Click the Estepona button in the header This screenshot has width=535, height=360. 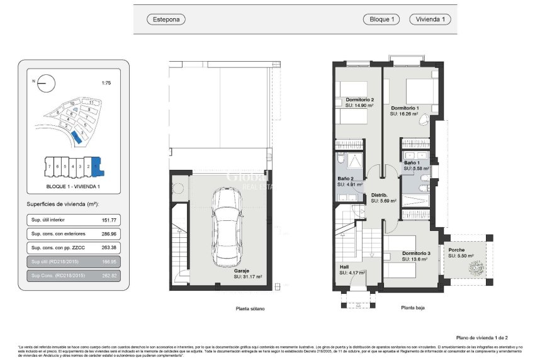click(166, 20)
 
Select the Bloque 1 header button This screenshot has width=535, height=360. click(381, 20)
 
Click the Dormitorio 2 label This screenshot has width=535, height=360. click(360, 99)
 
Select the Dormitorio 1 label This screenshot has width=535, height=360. click(405, 109)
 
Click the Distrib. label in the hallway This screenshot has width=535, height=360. click(380, 195)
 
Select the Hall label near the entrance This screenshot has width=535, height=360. click(344, 267)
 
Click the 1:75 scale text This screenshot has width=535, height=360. click(106, 82)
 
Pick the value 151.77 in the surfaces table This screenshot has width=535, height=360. click(110, 220)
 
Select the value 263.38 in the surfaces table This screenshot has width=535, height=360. click(110, 248)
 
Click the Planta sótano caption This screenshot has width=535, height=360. click(250, 308)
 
